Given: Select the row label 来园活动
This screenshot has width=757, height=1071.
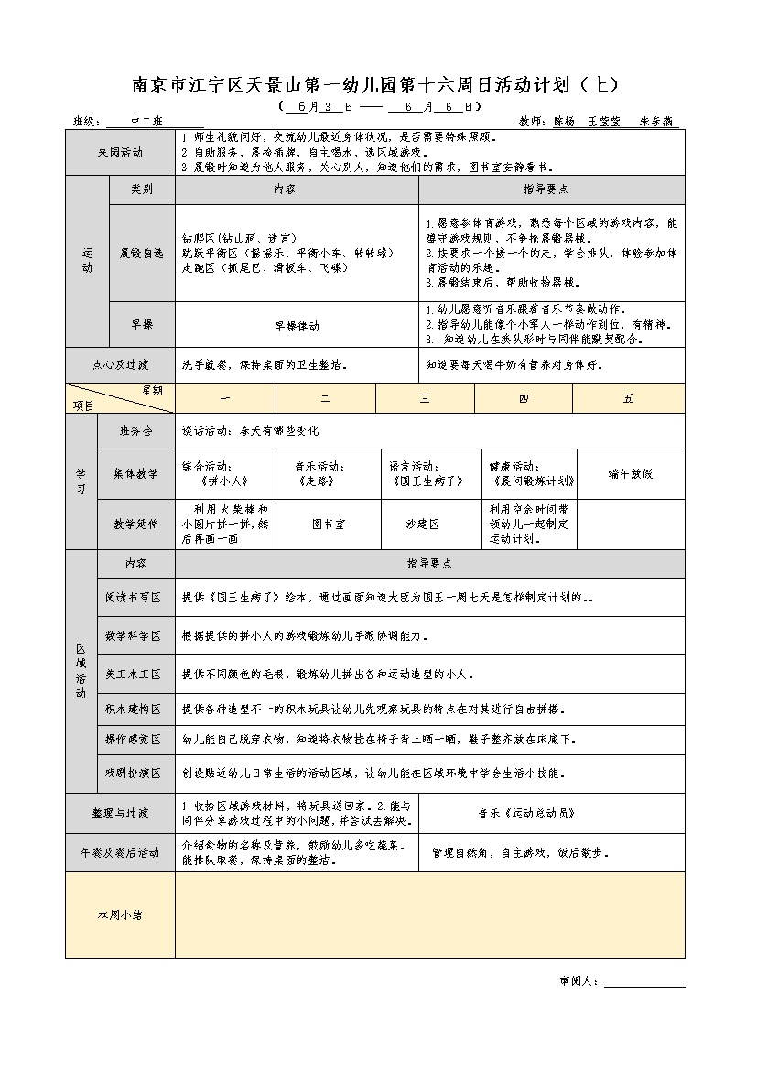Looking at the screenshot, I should coord(120,152).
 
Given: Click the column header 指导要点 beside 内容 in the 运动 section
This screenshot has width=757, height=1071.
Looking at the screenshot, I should coord(551,189).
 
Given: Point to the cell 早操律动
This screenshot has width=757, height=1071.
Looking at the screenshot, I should coord(297,325).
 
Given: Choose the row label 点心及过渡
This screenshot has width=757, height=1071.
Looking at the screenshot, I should coord(120,363).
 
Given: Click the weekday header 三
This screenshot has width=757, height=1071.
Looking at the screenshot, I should coord(425,398).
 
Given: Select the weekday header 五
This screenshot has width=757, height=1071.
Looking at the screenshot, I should coord(628,398).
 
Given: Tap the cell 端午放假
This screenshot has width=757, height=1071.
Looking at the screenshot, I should coord(630,473).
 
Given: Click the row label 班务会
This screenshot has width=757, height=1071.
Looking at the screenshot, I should coord(135,430).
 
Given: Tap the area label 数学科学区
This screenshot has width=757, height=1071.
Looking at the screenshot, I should coord(133,635).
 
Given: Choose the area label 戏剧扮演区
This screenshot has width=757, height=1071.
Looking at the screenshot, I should coord(133,773).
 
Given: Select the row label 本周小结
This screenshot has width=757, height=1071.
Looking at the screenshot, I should coord(120,914).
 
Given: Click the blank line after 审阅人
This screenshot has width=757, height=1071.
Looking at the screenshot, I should coord(643,981).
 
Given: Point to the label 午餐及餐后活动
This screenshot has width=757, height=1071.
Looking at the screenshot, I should coord(120,853).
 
